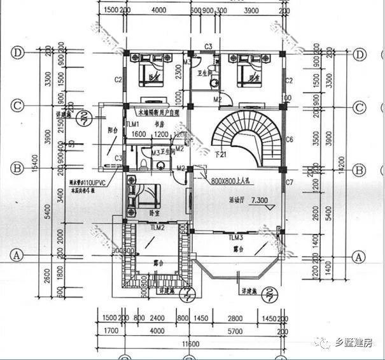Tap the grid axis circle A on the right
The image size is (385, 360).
(x=359, y=257)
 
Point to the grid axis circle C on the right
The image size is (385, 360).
(x=359, y=106)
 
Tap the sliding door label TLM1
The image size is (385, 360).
(x=132, y=125)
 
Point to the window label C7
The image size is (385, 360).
(x=290, y=183)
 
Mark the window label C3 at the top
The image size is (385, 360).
(x=207, y=47)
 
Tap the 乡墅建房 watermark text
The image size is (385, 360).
(x=354, y=343)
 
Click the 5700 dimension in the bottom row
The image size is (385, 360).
(x=236, y=331)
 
